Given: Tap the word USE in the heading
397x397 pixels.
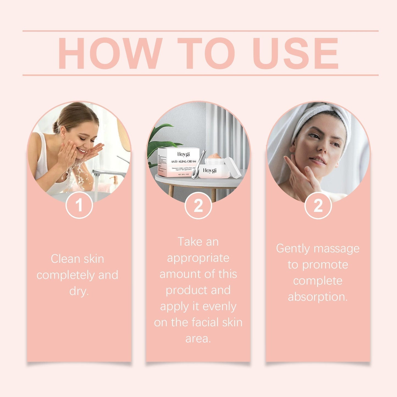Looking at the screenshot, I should point(295,53).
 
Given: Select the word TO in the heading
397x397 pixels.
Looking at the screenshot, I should point(206,53).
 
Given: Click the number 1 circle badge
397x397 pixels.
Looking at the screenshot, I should point(79,205).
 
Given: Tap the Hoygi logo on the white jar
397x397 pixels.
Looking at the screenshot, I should point(210,171).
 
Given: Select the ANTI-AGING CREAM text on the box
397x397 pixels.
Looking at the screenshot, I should point(183,162).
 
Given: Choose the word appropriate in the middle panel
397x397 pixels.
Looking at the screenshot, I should point(198,258).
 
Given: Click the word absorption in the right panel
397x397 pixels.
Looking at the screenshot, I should point(318,297).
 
